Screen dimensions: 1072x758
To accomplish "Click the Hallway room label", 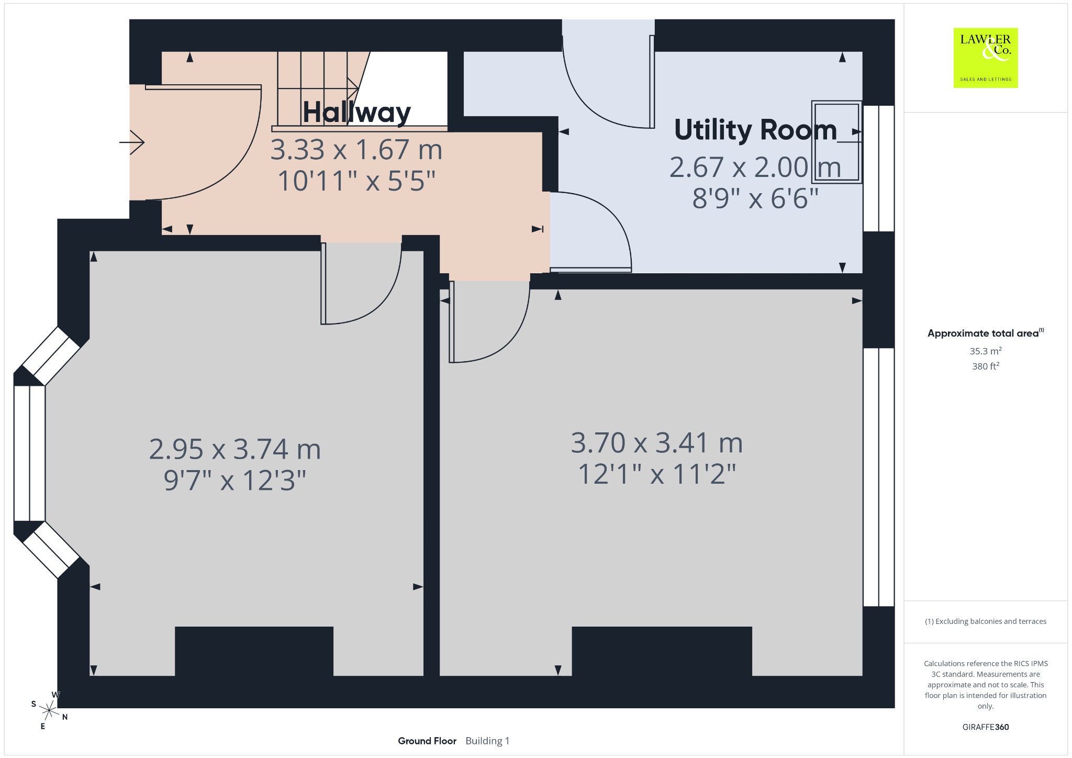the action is [x=357, y=113].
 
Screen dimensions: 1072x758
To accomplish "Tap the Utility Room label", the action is [x=755, y=130].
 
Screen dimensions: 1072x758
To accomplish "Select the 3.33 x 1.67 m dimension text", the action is [x=356, y=150].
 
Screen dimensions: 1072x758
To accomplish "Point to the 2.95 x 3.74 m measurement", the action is [x=235, y=449].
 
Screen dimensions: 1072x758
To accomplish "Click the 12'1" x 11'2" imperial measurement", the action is [x=657, y=474].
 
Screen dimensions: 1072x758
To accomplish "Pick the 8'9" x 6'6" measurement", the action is [x=755, y=198].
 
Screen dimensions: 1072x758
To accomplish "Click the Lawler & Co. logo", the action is [x=986, y=58].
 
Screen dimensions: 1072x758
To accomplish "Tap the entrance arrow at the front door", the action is [x=132, y=142].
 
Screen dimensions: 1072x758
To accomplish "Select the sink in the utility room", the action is [x=836, y=142].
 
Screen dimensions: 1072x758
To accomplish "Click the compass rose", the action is [x=49, y=710].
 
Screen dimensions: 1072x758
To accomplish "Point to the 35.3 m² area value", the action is [x=986, y=351].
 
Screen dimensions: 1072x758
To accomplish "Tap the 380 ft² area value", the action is [x=986, y=366].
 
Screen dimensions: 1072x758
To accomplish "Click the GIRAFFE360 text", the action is [x=986, y=727].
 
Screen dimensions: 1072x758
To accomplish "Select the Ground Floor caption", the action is [x=427, y=741].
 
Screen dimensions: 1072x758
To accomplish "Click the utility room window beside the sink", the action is [x=878, y=168].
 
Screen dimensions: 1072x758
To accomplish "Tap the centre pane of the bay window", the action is [x=29, y=453].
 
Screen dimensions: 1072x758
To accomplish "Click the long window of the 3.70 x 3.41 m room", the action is [x=878, y=477].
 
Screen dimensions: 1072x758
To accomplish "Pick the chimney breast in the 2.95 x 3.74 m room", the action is [x=254, y=651].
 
